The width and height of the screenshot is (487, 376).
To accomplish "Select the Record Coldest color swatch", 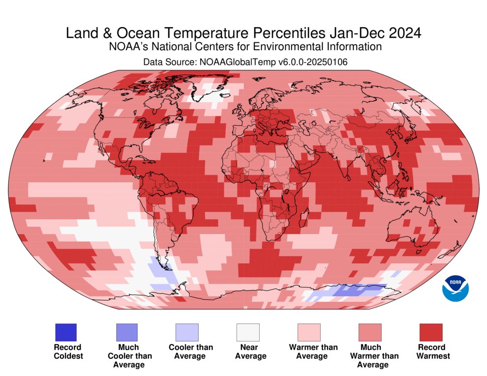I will [65, 332].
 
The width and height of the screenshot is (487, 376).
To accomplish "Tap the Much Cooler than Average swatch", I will [126, 332].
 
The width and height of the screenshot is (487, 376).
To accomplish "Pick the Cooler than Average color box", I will [187, 332].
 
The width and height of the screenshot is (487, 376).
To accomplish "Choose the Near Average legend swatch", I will [248, 332].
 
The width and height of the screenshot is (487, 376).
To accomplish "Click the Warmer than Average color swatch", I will [309, 332].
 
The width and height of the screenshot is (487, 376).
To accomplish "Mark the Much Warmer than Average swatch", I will [370, 332].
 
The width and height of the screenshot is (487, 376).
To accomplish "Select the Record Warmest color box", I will [431, 332].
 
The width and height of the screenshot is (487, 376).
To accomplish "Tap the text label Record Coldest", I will [68, 351].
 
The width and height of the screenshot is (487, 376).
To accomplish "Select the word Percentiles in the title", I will [295, 33].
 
